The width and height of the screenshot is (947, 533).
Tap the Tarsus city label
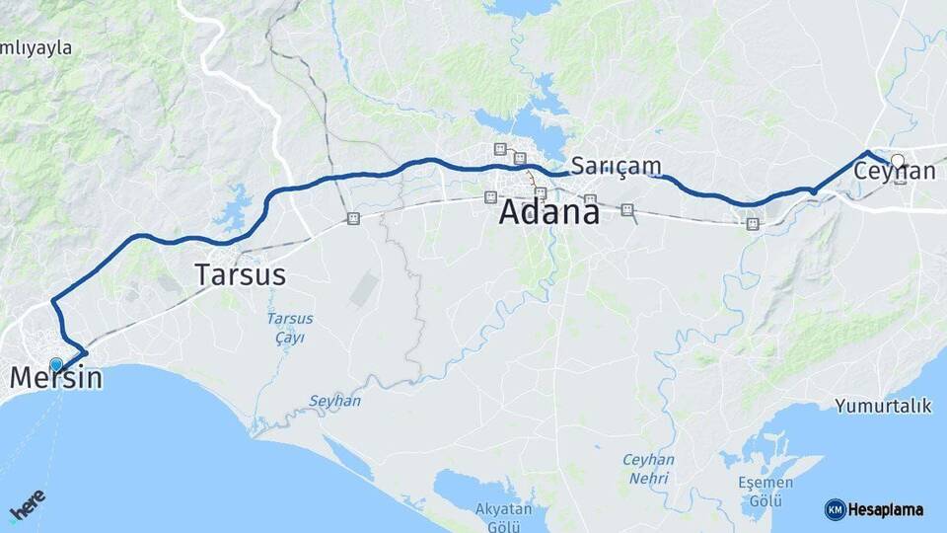pos(241,274)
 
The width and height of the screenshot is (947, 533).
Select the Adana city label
pos(548,211)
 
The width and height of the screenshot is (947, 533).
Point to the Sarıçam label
pos(615,165)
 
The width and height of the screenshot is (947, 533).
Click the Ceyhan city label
pos(894,172)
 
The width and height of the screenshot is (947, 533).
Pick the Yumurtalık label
pos(883,406)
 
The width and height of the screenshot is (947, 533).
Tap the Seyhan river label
pos(334,401)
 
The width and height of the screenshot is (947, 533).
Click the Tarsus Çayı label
pos(290,328)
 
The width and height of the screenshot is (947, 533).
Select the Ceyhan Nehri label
pos(648,468)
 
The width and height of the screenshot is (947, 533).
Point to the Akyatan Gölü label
pos(503,516)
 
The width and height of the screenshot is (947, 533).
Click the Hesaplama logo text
pos(886,510)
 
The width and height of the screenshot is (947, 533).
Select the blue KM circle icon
pos(835,510)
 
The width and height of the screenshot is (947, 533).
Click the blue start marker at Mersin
pos(56,364)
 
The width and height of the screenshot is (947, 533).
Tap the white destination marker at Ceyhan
pos(897,160)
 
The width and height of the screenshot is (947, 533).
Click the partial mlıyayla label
pos(36,47)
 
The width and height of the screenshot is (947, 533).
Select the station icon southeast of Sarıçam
pos(627,209)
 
